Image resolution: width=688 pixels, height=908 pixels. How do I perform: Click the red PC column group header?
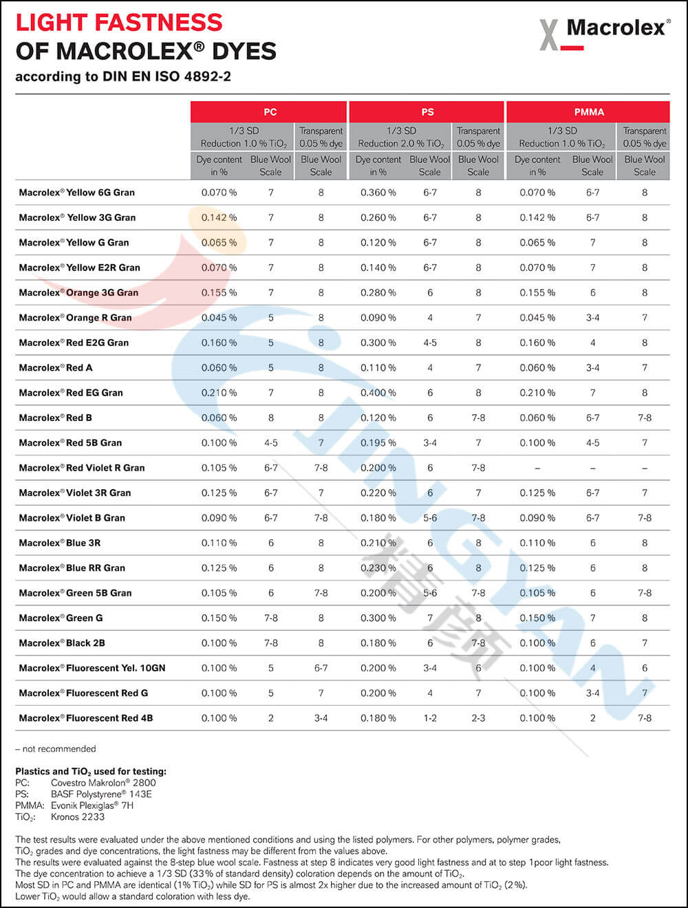click(x=269, y=111)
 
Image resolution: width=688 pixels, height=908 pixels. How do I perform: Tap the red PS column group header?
click(x=427, y=111)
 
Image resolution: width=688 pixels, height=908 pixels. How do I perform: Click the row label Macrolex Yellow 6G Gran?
click(x=76, y=193)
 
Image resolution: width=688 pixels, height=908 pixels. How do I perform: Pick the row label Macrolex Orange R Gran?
click(x=75, y=318)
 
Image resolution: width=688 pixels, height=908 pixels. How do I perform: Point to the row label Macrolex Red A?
click(x=56, y=368)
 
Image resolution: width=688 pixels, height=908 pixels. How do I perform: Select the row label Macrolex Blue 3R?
click(x=60, y=543)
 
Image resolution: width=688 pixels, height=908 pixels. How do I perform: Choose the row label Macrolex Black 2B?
click(x=62, y=643)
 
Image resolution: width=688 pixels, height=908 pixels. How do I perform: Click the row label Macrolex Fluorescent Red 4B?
click(x=86, y=718)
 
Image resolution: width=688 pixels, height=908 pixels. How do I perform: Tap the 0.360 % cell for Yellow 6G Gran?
click(x=378, y=193)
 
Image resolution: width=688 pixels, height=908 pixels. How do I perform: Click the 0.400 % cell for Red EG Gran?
click(x=378, y=393)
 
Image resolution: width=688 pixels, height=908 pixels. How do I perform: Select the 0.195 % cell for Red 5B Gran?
click(x=378, y=443)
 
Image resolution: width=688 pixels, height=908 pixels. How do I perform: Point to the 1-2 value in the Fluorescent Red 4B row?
click(x=430, y=718)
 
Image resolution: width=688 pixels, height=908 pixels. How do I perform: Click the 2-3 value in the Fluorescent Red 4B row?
click(x=478, y=718)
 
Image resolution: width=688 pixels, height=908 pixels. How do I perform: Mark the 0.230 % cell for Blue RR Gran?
click(x=378, y=568)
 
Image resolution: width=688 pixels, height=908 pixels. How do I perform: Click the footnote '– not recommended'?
click(x=56, y=748)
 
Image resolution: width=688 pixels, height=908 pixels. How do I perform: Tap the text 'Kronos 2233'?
click(x=78, y=817)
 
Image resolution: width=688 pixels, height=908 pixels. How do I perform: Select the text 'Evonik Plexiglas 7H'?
click(x=92, y=806)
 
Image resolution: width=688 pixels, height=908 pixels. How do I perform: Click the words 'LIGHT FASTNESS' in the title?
click(x=119, y=23)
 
